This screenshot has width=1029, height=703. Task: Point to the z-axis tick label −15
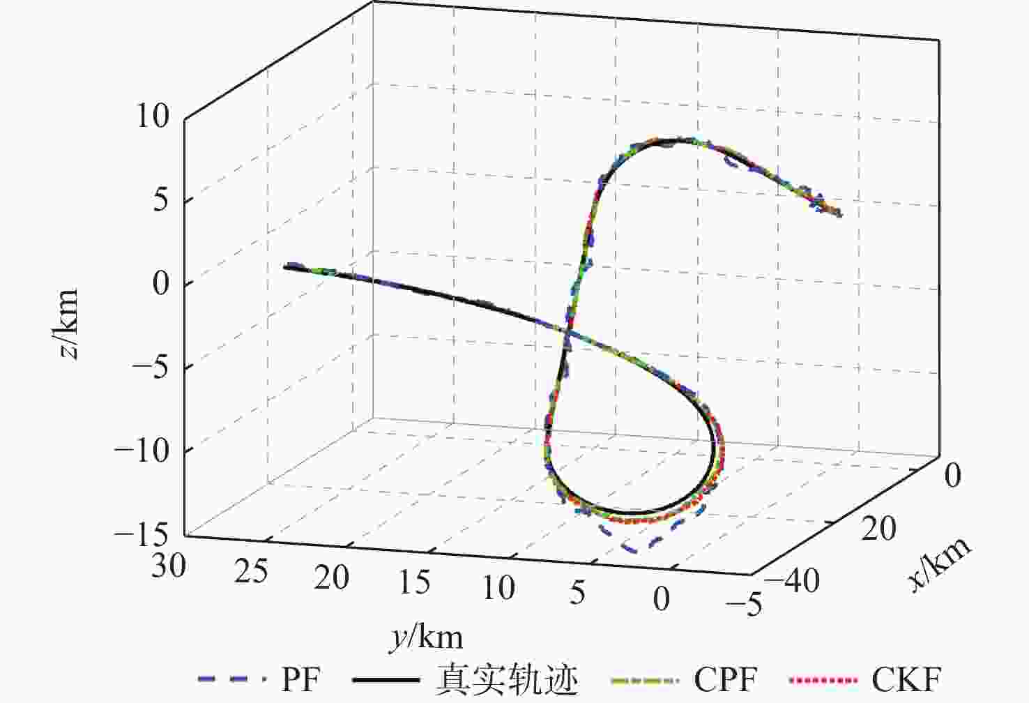[x=142, y=535]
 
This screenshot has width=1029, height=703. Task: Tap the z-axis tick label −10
[x=142, y=451]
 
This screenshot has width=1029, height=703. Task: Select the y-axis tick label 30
[x=168, y=564]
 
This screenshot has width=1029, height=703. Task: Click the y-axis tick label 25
[x=250, y=572]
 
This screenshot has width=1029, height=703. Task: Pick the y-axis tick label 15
[x=415, y=582]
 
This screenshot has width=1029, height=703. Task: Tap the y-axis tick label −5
[x=744, y=604]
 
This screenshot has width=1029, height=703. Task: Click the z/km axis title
[x=68, y=324]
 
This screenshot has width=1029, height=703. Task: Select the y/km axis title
[x=426, y=637]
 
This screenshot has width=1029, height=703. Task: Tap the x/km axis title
[x=940, y=564]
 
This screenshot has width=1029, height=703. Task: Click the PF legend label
[x=301, y=679]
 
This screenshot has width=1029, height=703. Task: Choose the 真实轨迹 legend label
[x=507, y=679]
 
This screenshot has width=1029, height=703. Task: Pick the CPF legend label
[x=725, y=679]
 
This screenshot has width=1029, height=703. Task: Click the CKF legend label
[x=906, y=679]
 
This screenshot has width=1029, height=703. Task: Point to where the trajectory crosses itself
[x=568, y=333]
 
